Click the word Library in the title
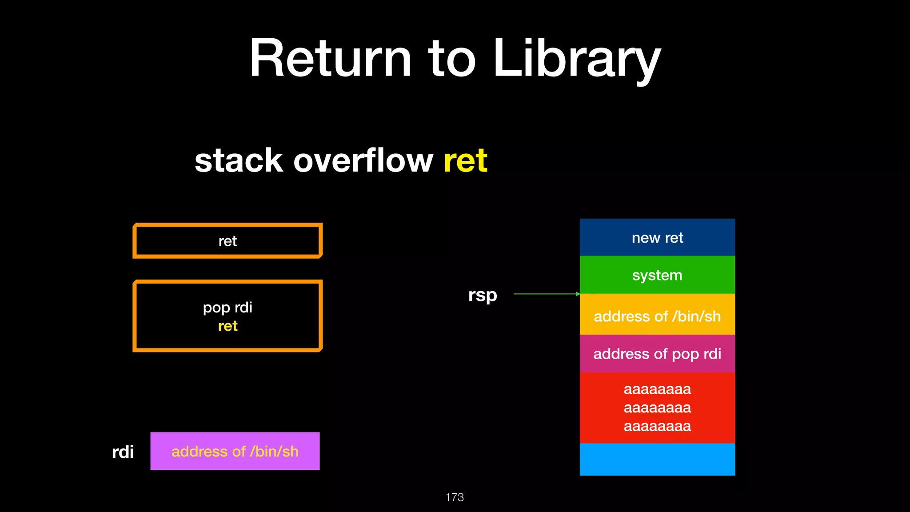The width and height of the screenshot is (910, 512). [577, 59]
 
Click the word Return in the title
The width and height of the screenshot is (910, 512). [330, 59]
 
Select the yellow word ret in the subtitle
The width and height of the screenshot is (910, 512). [465, 160]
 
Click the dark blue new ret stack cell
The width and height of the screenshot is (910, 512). [657, 238]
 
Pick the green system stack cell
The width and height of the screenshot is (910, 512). [657, 275]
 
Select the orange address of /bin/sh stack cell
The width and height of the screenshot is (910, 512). [657, 316]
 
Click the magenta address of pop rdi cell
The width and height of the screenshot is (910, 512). [657, 354]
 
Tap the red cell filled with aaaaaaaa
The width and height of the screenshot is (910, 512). [657, 408]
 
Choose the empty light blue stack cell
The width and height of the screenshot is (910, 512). [657, 459]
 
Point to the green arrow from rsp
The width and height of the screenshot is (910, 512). [547, 294]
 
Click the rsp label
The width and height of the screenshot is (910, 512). [483, 295]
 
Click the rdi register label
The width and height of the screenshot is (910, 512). [123, 452]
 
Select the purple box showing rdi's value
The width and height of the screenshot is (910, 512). [235, 451]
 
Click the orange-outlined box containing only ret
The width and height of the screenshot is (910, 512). [227, 241]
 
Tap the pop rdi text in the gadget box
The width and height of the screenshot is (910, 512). [227, 307]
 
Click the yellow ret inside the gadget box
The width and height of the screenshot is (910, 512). [227, 326]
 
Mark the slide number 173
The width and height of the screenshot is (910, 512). [455, 497]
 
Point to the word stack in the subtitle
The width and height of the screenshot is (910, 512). [239, 160]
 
